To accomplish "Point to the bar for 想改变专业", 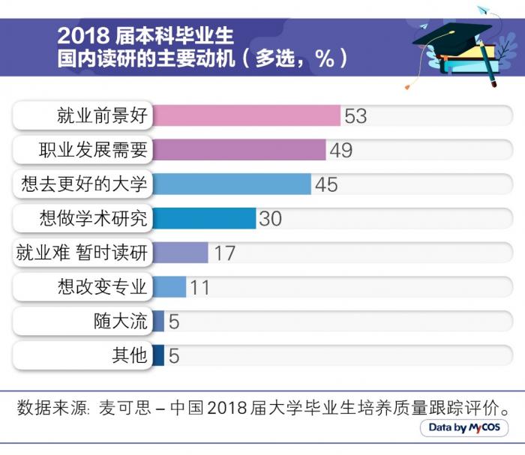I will (169, 286).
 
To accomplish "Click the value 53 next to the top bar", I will (355, 116).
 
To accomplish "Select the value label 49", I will (341, 150).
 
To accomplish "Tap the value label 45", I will (326, 184).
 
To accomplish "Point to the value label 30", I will (270, 218).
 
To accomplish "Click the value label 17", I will (224, 253).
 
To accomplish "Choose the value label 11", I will (199, 287).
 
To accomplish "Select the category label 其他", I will (129, 355).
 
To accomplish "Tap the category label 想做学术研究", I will (94, 218).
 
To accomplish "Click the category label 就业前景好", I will (103, 116).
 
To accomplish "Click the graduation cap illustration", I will (450, 41).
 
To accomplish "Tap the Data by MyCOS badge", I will (464, 428).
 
